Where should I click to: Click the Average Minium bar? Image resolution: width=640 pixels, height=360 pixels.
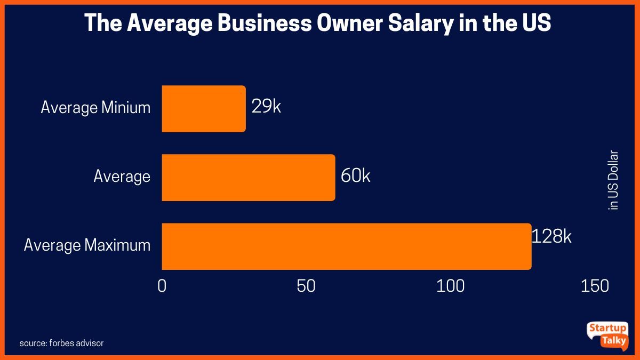(203, 109)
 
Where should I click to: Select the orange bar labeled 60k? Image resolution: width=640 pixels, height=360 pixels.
(248, 178)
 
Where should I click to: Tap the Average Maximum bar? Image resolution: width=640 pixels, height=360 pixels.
(346, 246)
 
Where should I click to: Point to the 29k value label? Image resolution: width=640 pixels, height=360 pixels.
(266, 107)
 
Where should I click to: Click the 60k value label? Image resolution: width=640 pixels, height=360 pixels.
(355, 175)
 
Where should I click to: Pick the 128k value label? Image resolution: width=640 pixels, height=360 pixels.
(551, 236)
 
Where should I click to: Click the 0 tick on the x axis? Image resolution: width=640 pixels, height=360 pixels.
(162, 286)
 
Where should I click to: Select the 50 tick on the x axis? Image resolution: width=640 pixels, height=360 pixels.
(306, 286)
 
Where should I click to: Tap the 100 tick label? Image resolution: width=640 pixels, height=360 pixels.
(451, 286)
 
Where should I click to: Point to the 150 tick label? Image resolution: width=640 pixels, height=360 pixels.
(595, 286)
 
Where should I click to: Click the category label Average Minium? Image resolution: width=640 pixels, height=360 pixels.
(95, 108)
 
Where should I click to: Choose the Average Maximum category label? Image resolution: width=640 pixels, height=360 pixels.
(87, 245)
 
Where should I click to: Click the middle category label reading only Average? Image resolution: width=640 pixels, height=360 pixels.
(122, 176)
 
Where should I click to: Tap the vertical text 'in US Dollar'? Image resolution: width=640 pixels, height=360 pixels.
(613, 180)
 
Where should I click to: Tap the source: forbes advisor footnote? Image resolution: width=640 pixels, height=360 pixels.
(61, 343)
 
